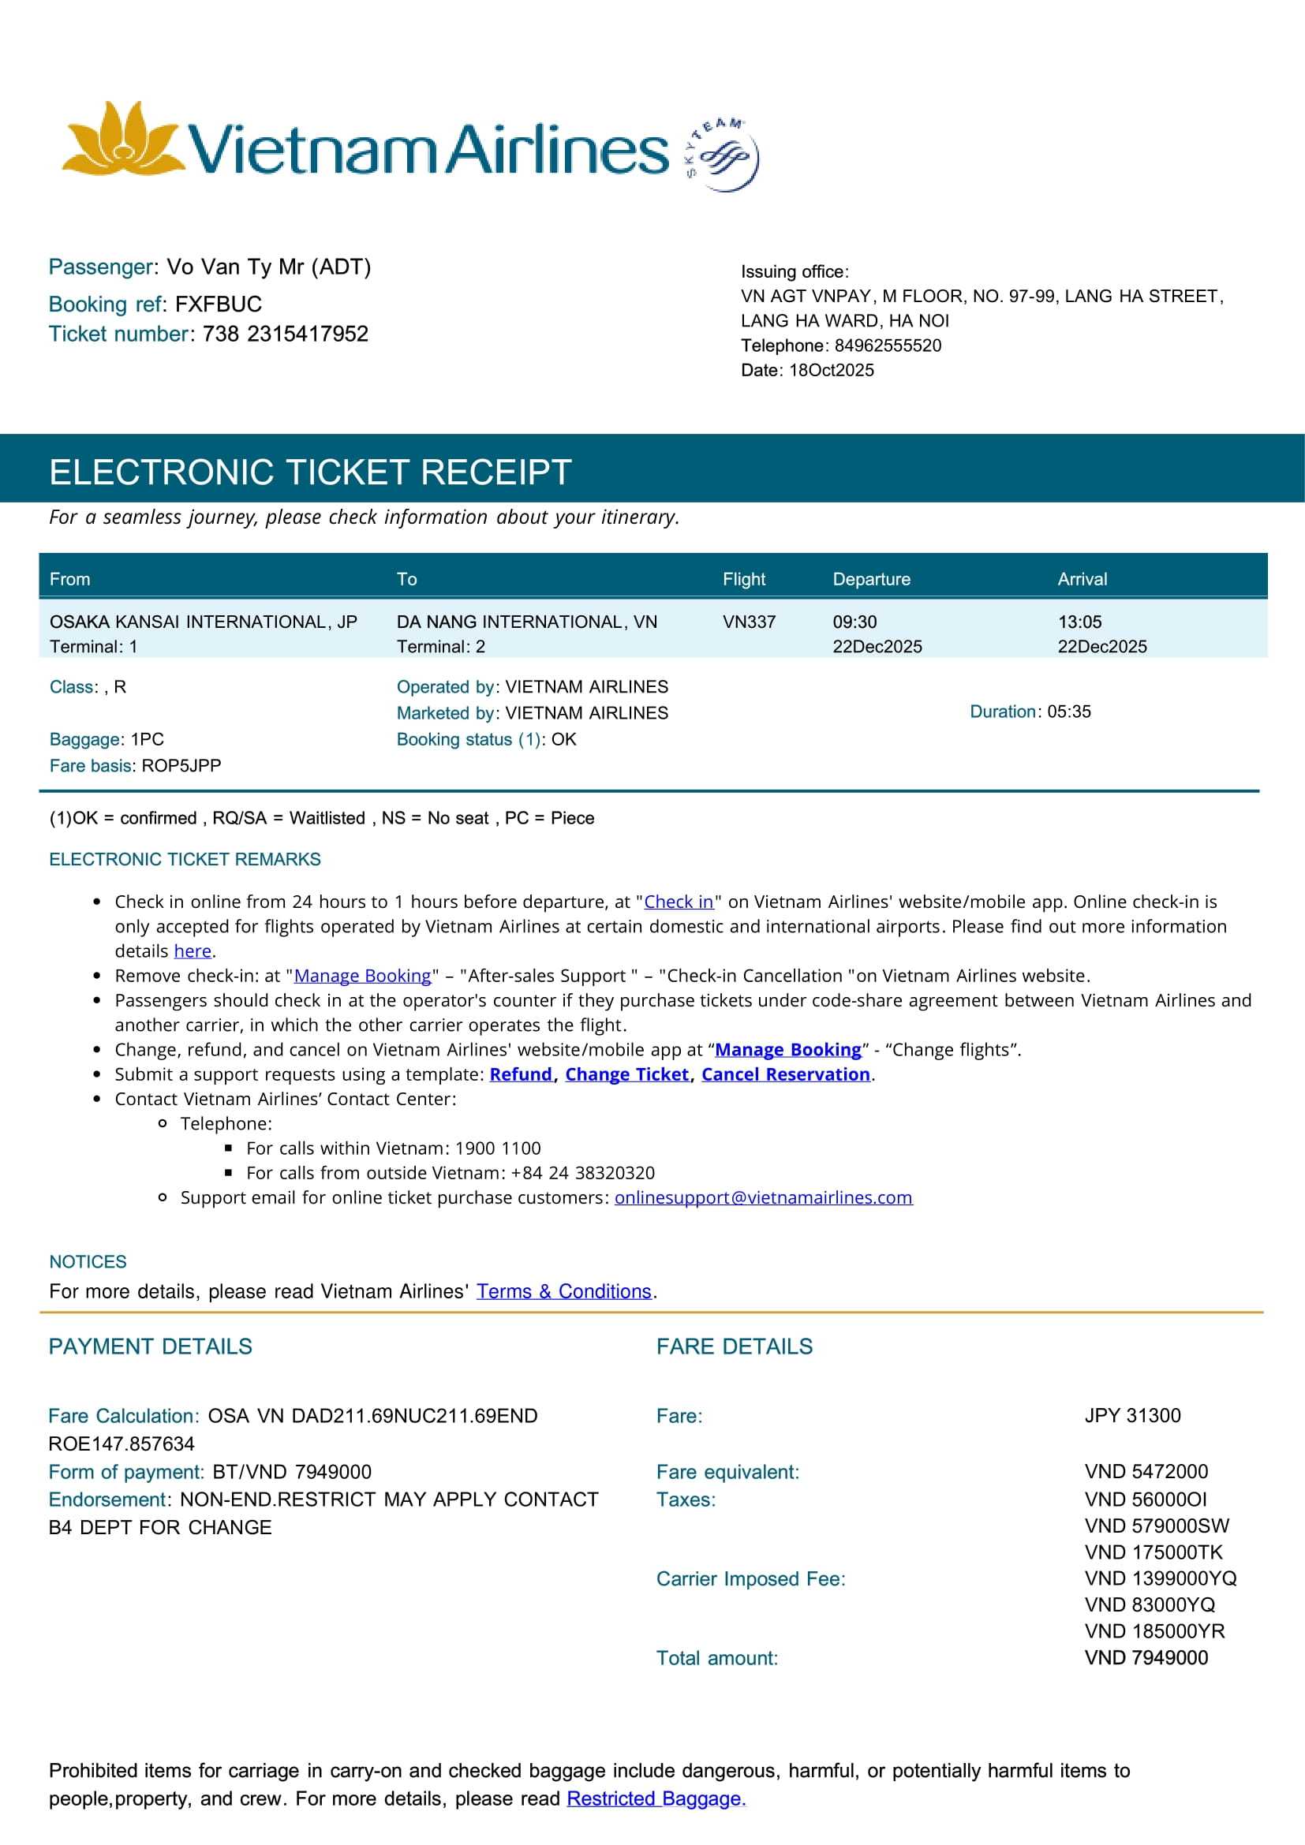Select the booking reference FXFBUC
218,304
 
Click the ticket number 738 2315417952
286,334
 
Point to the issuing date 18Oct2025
831,371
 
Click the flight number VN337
749,622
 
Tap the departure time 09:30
854,622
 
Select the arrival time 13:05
1079,622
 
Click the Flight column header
743,580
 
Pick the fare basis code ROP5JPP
181,766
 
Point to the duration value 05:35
1069,712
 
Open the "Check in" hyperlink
679,902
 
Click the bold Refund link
521,1074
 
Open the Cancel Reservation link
785,1074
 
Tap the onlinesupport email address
763,1197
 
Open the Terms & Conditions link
563,1291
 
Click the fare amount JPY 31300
1132,1415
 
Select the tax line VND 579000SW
1157,1526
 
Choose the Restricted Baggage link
656,1798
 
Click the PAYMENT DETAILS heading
150,1346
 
